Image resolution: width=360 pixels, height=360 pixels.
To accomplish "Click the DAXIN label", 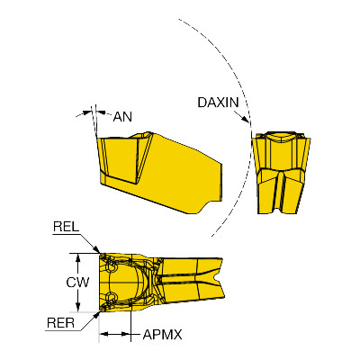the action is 218,103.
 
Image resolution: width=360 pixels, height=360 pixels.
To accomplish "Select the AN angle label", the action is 122,117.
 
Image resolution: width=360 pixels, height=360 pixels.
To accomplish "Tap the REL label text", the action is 66,227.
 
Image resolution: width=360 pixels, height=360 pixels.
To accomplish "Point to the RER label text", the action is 60,323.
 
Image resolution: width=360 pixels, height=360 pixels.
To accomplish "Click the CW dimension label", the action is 77,283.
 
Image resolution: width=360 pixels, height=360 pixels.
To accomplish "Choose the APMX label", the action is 162,334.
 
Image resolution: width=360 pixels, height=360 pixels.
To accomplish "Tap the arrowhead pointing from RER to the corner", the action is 96,315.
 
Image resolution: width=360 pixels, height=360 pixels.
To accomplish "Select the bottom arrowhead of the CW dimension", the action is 78,306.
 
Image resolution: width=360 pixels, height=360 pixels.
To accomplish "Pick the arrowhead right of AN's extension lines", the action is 102,112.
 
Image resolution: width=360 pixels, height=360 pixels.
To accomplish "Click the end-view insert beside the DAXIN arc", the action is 281,173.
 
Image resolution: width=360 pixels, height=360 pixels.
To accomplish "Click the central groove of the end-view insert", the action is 281,193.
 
